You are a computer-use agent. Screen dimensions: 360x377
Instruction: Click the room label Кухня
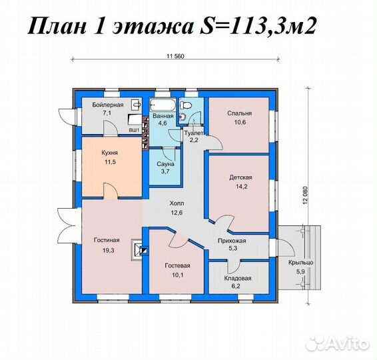(110, 153)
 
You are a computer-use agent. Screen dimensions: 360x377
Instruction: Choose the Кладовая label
(238, 278)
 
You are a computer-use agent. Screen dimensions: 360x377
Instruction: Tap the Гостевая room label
(178, 264)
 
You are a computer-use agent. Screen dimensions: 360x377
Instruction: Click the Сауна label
(166, 163)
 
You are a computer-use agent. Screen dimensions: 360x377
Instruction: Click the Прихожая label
(232, 241)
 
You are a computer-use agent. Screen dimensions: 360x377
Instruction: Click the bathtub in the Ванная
(163, 105)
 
